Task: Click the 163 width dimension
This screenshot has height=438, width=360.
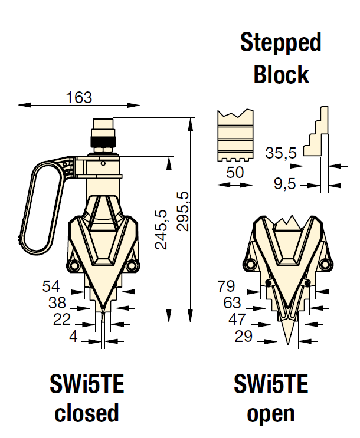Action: [x=79, y=98]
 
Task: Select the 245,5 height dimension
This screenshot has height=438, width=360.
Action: [x=161, y=229]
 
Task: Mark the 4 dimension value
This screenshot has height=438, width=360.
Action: [x=73, y=337]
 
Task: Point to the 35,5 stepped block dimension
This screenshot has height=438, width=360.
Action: [x=281, y=153]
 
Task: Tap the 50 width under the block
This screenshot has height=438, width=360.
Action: [x=235, y=173]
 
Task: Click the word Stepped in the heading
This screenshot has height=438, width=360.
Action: [x=281, y=43]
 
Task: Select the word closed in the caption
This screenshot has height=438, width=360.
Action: [x=87, y=413]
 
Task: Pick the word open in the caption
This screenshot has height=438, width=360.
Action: [x=271, y=413]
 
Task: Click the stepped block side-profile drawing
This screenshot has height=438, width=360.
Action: [x=316, y=133]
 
